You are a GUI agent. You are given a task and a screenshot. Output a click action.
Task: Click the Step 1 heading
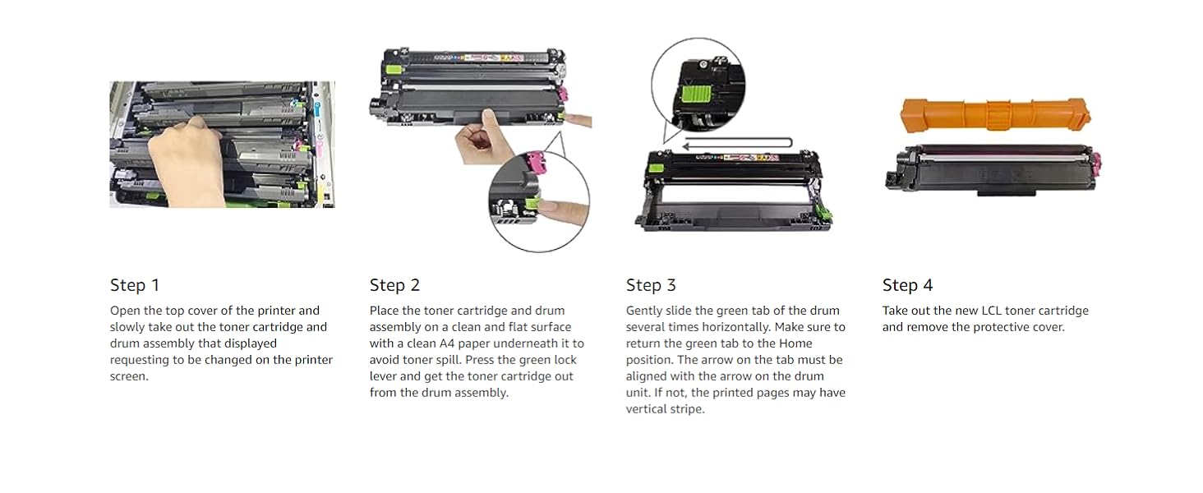135,285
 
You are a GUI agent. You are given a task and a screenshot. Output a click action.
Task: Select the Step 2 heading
394,285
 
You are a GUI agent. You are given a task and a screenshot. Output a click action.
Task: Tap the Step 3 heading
651,285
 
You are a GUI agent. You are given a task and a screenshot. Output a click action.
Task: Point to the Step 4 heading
908,285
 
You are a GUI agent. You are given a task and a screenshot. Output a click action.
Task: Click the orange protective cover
995,114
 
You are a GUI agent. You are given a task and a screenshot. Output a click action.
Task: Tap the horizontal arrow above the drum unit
737,144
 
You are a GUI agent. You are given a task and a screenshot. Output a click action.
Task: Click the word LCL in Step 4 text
992,311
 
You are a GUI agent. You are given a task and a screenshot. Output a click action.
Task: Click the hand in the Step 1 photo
185,161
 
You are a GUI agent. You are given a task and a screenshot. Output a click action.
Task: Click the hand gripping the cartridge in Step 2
481,138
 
